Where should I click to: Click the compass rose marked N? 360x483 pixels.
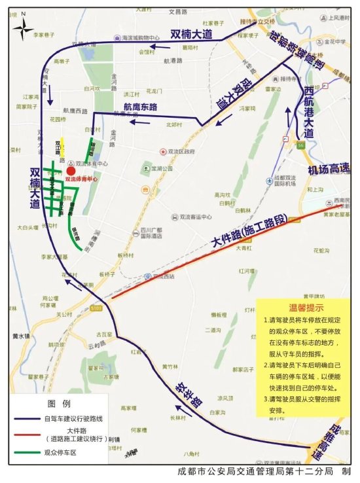[x=23, y=26]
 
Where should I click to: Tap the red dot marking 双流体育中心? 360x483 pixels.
[x=71, y=171]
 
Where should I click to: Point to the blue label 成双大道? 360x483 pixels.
[x=235, y=94]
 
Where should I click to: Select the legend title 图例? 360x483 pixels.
[x=60, y=402]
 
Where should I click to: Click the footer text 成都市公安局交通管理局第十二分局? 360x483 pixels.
[x=256, y=472]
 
